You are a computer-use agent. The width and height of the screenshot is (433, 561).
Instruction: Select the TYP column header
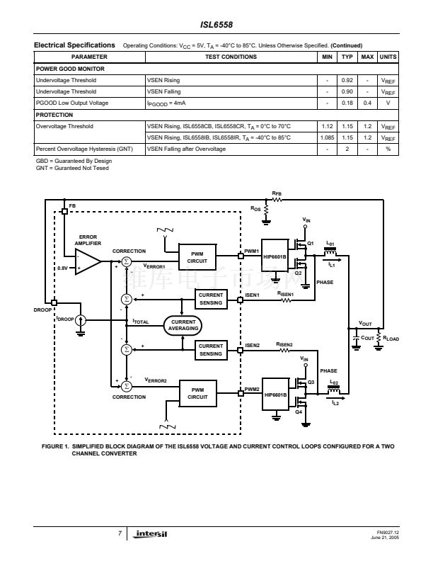pos(347,57)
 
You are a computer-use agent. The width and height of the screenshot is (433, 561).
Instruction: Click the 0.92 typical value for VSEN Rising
pos(347,80)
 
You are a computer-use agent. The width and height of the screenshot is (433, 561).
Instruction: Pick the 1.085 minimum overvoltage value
pos(328,137)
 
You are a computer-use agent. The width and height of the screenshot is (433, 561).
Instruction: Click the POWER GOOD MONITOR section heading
pos(70,69)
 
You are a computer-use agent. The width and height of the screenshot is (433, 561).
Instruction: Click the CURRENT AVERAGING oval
pos(183,325)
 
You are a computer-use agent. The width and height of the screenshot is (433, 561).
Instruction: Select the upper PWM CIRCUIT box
pos(197,258)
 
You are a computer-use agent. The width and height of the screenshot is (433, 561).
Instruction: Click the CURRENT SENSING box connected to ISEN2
pos(210,350)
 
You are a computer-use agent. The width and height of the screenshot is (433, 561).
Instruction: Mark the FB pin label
pos(72,205)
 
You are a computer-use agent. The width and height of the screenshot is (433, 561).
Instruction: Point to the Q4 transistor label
pos(299,412)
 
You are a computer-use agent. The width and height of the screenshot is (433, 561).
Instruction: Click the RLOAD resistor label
pos(391,339)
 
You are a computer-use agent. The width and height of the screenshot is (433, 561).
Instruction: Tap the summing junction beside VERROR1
pos(127,261)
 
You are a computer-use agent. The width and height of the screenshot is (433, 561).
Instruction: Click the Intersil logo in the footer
pos(152,533)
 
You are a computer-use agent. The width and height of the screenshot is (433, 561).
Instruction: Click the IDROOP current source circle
pos(81,320)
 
